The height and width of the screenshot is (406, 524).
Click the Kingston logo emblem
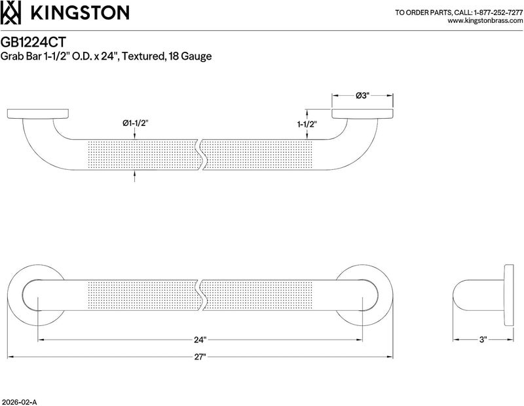(x=10, y=12)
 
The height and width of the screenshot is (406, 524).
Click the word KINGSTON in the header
(x=80, y=13)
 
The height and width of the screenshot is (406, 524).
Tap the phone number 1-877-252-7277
(x=498, y=12)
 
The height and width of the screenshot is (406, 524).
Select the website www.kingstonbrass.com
(x=485, y=21)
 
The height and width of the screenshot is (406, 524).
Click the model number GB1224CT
(x=33, y=42)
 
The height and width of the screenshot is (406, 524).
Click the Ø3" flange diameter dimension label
(x=362, y=96)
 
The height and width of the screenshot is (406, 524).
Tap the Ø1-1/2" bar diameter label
(x=135, y=123)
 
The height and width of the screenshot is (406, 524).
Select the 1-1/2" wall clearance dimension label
(x=307, y=125)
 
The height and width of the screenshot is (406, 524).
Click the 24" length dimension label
(x=200, y=340)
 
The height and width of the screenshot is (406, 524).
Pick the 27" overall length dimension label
(x=200, y=357)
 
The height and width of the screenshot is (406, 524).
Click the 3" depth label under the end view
(x=483, y=340)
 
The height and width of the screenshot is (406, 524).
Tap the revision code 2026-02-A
(x=19, y=402)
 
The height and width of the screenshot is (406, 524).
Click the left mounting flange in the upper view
(x=38, y=113)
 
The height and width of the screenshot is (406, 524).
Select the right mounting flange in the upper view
(x=362, y=113)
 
